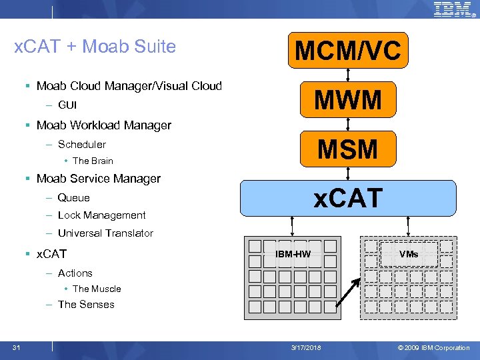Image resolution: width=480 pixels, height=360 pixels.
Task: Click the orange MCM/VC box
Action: click(x=347, y=51)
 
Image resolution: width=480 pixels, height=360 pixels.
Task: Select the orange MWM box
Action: click(x=347, y=101)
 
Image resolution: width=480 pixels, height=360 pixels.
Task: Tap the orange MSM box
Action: click(x=347, y=149)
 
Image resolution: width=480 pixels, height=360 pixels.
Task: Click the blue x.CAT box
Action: click(x=348, y=198)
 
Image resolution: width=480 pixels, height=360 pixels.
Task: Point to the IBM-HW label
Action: click(x=293, y=254)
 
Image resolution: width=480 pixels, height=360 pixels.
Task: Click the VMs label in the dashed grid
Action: click(x=409, y=254)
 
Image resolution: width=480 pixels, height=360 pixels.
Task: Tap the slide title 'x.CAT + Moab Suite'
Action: click(x=95, y=47)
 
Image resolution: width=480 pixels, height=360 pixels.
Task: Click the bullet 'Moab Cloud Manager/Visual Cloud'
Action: click(x=129, y=86)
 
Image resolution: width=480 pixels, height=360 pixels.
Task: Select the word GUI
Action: click(x=67, y=105)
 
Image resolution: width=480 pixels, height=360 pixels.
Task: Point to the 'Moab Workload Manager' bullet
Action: click(x=104, y=125)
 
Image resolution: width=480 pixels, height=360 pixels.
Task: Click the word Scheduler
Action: click(x=81, y=145)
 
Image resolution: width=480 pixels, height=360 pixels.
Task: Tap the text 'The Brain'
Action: click(x=93, y=161)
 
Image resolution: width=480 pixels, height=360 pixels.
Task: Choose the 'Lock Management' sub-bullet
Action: click(x=101, y=215)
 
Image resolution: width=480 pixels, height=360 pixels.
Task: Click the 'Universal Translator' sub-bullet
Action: click(x=105, y=233)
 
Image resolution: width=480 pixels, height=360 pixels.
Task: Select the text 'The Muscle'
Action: click(x=97, y=289)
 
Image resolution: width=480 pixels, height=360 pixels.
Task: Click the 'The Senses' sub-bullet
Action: click(x=86, y=305)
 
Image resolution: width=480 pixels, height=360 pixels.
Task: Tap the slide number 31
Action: click(x=16, y=347)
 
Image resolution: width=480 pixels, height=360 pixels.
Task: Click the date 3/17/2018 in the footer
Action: click(x=305, y=348)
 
